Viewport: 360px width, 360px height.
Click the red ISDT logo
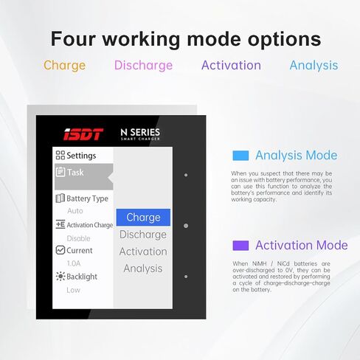pyautogui.click(x=83, y=134)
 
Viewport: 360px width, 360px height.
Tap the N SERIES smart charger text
pyautogui.click(x=140, y=134)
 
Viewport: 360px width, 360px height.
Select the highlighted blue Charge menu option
pyautogui.click(x=143, y=218)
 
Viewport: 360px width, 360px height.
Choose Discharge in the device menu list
pyautogui.click(x=143, y=235)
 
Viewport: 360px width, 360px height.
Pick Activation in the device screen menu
pyautogui.click(x=143, y=252)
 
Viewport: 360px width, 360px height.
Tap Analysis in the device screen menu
pyautogui.click(x=143, y=269)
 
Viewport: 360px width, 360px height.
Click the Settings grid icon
pyautogui.click(x=60, y=155)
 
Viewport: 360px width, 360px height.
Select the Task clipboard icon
pyautogui.click(x=60, y=172)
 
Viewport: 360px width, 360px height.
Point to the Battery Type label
pyautogui.click(x=87, y=198)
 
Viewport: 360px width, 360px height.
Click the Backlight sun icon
pyautogui.click(x=60, y=277)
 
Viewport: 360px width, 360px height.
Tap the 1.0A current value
pyautogui.click(x=74, y=263)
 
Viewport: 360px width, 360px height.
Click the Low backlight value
pyautogui.click(x=73, y=290)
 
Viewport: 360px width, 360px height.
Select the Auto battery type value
pyautogui.click(x=75, y=211)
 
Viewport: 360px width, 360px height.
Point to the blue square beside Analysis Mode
pyautogui.click(x=240, y=156)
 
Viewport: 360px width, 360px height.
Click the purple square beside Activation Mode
pyautogui.click(x=240, y=246)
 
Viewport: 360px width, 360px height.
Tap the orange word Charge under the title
pyautogui.click(x=65, y=66)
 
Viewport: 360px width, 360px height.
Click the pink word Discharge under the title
pyautogui.click(x=143, y=66)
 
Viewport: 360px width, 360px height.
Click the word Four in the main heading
pyautogui.click(x=73, y=39)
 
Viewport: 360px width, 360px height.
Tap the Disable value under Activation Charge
pyautogui.click(x=78, y=238)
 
